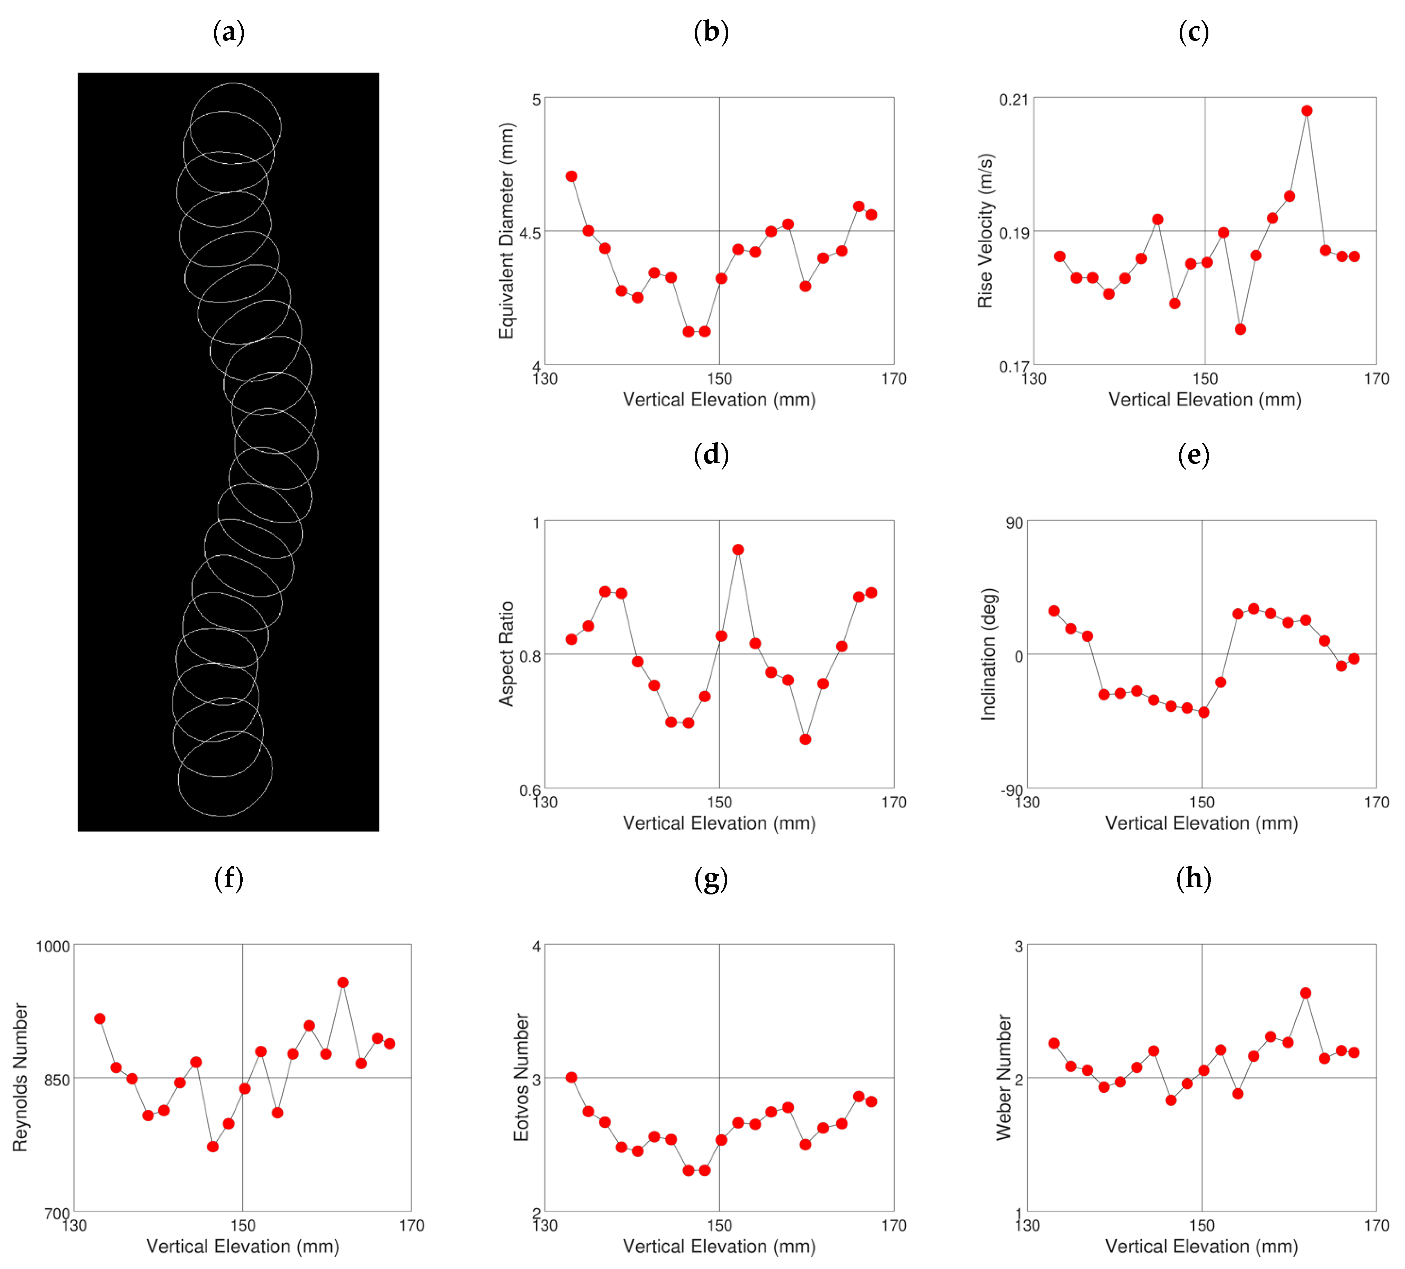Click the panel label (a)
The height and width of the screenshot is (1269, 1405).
pyautogui.click(x=228, y=32)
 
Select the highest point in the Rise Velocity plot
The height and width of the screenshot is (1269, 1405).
pyautogui.click(x=1307, y=111)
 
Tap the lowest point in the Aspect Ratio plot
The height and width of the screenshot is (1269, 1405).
pyautogui.click(x=805, y=739)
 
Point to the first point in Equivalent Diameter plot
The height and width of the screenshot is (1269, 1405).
pyautogui.click(x=571, y=176)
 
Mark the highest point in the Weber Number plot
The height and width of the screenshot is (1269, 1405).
pyautogui.click(x=1305, y=993)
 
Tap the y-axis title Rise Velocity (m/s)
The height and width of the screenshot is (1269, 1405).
pyautogui.click(x=985, y=231)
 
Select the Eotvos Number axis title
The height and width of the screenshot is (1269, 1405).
pyautogui.click(x=521, y=1077)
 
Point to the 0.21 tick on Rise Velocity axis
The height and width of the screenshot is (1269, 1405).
pyautogui.click(x=1013, y=100)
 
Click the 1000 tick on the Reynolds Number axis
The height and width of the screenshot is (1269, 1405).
pyautogui.click(x=53, y=946)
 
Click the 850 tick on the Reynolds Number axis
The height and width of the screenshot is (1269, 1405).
pyautogui.click(x=57, y=1079)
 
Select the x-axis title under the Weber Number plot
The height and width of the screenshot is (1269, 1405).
pyautogui.click(x=1201, y=1246)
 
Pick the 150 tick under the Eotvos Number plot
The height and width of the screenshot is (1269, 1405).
pyautogui.click(x=719, y=1225)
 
